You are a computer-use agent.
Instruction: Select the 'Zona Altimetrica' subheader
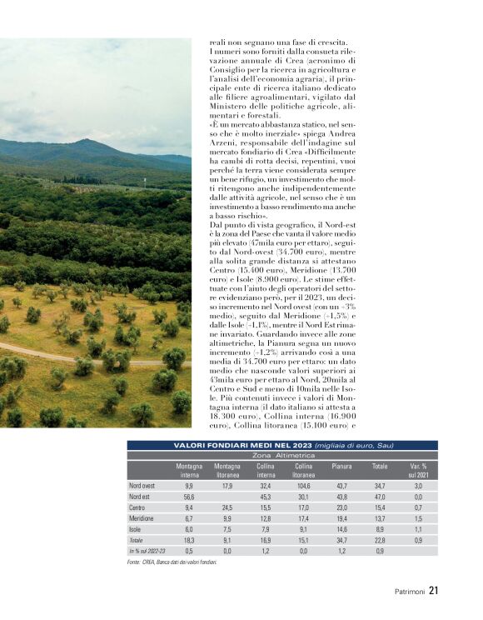[283, 457]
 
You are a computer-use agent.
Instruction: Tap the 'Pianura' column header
[341, 467]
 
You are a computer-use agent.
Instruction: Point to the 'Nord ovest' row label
[142, 485]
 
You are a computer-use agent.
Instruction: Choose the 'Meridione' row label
[142, 517]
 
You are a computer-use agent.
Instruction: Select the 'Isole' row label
[137, 528]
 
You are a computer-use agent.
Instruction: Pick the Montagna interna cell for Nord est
[189, 496]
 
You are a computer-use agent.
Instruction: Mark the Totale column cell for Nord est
[380, 496]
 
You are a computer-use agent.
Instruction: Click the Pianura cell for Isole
[341, 528]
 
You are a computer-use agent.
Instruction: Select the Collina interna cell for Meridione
[266, 517]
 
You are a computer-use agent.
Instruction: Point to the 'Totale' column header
[380, 467]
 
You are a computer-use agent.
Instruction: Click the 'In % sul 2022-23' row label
[147, 550]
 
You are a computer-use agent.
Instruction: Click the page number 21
[434, 592]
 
